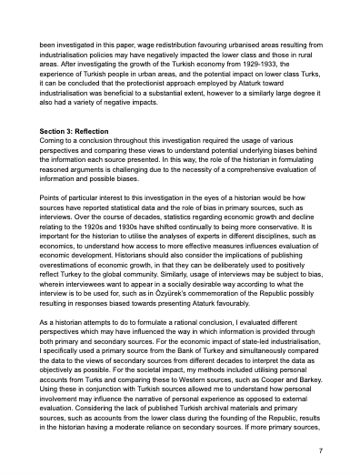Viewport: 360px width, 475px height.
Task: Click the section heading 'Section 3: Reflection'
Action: [x=76, y=132]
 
